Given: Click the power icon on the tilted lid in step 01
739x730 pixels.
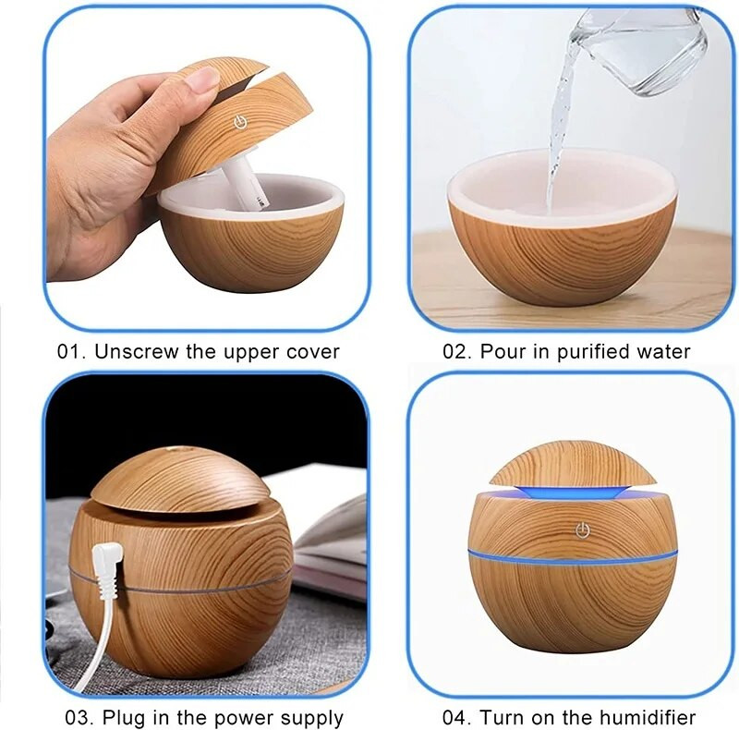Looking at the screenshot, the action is tap(240, 123).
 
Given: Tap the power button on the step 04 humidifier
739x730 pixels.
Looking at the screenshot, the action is tap(583, 530).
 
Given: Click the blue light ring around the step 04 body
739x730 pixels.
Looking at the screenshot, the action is tap(573, 560).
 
